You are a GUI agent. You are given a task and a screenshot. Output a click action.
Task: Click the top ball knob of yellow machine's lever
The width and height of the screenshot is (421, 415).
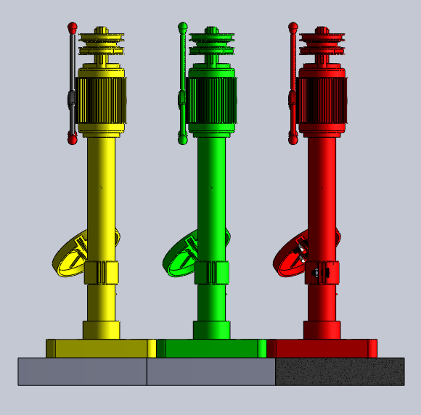coord(72,28)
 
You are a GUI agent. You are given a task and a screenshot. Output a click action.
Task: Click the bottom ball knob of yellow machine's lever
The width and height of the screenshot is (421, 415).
coord(73,137)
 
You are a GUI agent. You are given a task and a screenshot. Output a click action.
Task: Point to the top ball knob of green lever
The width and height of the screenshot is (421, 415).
coord(183,28)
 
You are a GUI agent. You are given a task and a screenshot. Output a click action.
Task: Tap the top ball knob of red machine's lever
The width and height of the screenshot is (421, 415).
coord(293,28)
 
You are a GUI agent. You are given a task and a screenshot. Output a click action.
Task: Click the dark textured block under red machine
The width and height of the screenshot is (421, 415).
coord(340,371)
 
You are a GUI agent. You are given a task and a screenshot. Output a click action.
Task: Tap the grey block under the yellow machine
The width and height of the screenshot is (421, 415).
coord(82,371)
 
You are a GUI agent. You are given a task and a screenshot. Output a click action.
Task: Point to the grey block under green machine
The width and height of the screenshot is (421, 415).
coord(210,371)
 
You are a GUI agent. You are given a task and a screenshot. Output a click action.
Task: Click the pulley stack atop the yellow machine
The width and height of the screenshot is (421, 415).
coord(102,44)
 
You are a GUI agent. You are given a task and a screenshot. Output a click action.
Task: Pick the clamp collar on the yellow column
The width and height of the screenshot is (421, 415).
coord(101,273)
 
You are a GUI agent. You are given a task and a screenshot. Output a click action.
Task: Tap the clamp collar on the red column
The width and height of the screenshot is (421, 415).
coord(322,273)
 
